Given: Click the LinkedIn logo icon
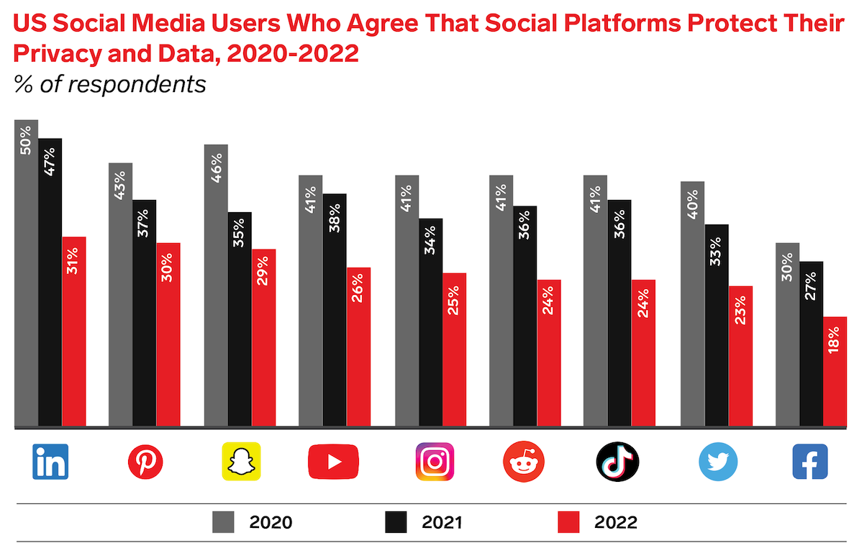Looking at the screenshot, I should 50,461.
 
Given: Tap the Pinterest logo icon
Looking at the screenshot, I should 145,461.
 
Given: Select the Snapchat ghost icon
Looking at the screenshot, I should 240,461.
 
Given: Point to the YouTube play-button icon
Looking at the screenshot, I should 333,461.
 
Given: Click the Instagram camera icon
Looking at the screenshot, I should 435,461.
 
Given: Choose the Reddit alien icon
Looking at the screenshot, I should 524,461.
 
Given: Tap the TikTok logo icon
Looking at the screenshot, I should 617,461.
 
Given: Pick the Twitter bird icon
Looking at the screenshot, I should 718,461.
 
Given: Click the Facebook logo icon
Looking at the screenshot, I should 809,461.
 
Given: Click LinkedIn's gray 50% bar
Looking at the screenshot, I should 27,288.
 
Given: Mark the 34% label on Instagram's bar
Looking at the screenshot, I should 430,238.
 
